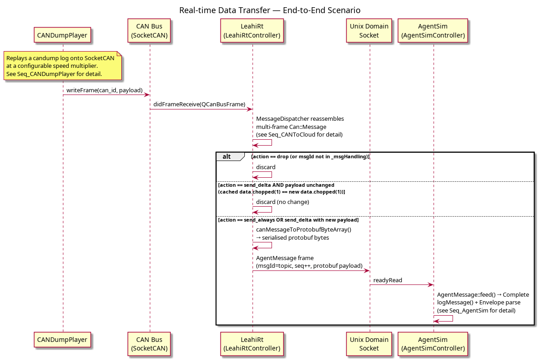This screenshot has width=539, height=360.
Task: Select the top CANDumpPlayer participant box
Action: [x=62, y=35]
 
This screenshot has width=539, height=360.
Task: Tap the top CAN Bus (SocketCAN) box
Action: [x=149, y=31]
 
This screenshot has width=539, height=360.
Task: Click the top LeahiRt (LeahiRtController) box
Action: [x=252, y=31]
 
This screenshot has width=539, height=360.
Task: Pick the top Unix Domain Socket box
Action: [x=369, y=31]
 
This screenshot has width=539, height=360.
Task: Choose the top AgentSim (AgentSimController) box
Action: [x=433, y=31]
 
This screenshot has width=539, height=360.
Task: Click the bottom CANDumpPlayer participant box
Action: [x=62, y=340]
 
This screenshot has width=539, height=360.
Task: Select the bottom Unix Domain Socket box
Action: [x=369, y=344]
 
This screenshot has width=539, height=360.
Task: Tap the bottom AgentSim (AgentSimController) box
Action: [x=433, y=344]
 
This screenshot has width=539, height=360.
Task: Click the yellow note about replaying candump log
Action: [x=62, y=66]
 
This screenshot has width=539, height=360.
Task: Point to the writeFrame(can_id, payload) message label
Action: [x=105, y=90]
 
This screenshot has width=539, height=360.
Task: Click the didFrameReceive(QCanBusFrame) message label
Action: [x=200, y=104]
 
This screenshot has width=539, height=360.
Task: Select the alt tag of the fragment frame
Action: [x=227, y=156]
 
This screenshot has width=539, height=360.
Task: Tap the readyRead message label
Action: [x=388, y=280]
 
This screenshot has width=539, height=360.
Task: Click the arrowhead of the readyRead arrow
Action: [x=431, y=285]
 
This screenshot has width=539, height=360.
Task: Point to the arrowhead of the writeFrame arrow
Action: [x=147, y=95]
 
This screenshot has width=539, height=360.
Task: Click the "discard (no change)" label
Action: [x=282, y=202]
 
